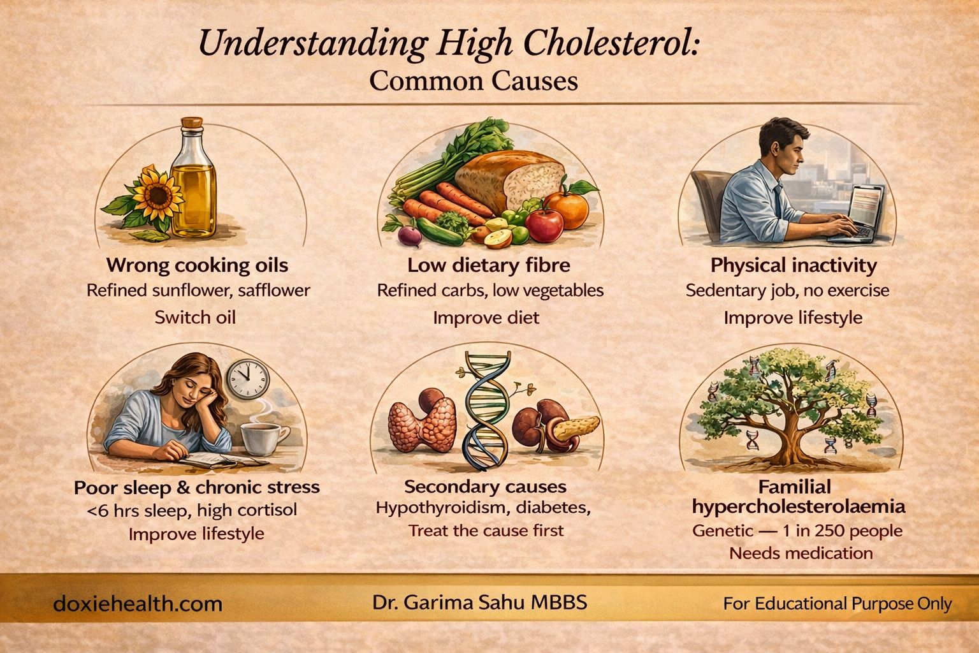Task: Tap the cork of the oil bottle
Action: click(x=192, y=122)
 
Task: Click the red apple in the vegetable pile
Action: click(x=544, y=224)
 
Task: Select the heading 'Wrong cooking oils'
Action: click(x=197, y=265)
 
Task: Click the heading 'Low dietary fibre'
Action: click(x=489, y=265)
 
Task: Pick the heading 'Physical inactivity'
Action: click(x=794, y=265)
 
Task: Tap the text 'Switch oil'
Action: click(x=195, y=318)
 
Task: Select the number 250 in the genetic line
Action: click(x=822, y=531)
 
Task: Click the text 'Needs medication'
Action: click(x=801, y=554)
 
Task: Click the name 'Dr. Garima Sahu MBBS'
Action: click(x=479, y=603)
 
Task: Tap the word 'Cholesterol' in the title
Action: click(x=612, y=44)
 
